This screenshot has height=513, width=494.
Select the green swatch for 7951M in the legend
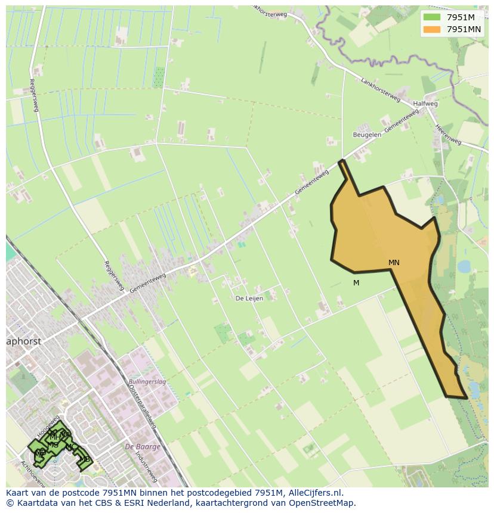point(432,17)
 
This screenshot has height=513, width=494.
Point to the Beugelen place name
point(367,135)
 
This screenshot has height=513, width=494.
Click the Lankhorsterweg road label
point(380,89)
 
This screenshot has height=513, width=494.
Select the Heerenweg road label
point(449,135)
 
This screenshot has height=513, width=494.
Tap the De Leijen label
point(249,299)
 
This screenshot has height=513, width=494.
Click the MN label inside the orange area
point(394,263)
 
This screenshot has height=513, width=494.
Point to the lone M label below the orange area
point(356,283)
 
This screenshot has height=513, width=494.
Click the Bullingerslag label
point(147,380)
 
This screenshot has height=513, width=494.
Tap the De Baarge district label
point(142,446)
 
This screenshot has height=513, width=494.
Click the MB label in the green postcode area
point(85,459)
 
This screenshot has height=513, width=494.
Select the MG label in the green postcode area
point(53,445)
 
